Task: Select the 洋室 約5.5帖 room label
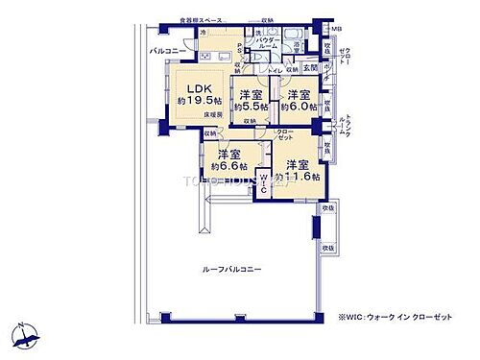252,100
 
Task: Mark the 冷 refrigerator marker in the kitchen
204,32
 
